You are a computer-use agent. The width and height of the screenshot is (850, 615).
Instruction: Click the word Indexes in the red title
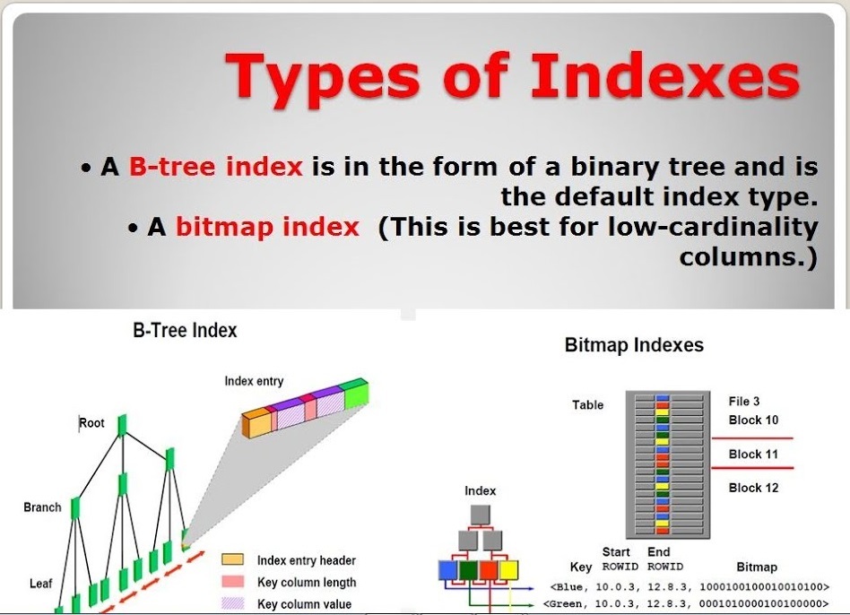pyautogui.click(x=664, y=75)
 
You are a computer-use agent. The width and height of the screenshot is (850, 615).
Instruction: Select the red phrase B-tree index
pyautogui.click(x=215, y=166)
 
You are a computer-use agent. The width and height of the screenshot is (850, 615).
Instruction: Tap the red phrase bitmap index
pyautogui.click(x=267, y=227)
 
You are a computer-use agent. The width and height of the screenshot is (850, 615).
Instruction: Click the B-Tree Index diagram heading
pyautogui.click(x=185, y=331)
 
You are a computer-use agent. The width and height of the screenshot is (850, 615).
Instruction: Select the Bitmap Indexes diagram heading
pyautogui.click(x=634, y=345)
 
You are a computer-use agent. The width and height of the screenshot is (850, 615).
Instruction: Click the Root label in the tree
pyautogui.click(x=91, y=422)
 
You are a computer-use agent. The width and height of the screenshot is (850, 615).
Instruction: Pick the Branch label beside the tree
pyautogui.click(x=42, y=507)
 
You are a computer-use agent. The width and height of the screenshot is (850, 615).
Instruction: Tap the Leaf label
pyautogui.click(x=40, y=584)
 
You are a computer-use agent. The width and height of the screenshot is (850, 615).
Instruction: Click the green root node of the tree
pyautogui.click(x=122, y=425)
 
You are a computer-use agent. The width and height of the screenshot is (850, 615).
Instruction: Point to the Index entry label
pyautogui.click(x=254, y=381)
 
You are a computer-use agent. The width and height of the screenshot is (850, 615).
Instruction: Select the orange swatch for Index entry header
pyautogui.click(x=232, y=559)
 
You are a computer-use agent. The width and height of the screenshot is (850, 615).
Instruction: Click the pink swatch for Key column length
pyautogui.click(x=232, y=581)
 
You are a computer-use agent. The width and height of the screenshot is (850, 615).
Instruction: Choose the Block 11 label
pyautogui.click(x=753, y=454)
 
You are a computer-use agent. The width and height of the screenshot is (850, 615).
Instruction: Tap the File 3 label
pyautogui.click(x=744, y=402)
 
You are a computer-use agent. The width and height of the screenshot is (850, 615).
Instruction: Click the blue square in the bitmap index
pyautogui.click(x=447, y=570)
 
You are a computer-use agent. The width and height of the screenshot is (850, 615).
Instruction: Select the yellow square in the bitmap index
pyautogui.click(x=508, y=570)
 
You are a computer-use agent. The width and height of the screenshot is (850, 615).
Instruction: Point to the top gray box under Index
pyautogui.click(x=481, y=515)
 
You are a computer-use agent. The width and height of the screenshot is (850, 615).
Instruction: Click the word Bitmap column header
pyautogui.click(x=757, y=567)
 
